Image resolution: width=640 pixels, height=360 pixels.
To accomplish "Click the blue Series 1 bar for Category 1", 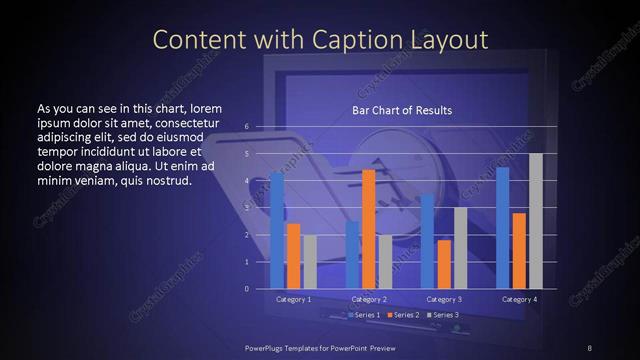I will (277, 230).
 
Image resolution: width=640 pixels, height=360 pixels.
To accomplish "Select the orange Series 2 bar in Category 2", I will (368, 229).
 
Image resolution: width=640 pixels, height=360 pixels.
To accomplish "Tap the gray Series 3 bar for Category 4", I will (535, 221).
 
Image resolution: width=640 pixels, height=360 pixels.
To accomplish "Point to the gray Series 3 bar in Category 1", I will (309, 261).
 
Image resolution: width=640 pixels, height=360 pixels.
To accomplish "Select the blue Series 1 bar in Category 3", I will (428, 241).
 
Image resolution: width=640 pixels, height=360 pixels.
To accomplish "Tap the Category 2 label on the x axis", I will (369, 299).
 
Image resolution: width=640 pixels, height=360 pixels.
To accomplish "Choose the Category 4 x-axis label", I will (519, 299).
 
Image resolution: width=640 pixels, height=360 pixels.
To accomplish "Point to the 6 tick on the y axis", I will (246, 127).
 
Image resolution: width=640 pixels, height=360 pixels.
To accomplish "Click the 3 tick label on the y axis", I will (246, 208).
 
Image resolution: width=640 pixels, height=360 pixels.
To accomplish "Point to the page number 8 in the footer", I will (589, 347).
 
